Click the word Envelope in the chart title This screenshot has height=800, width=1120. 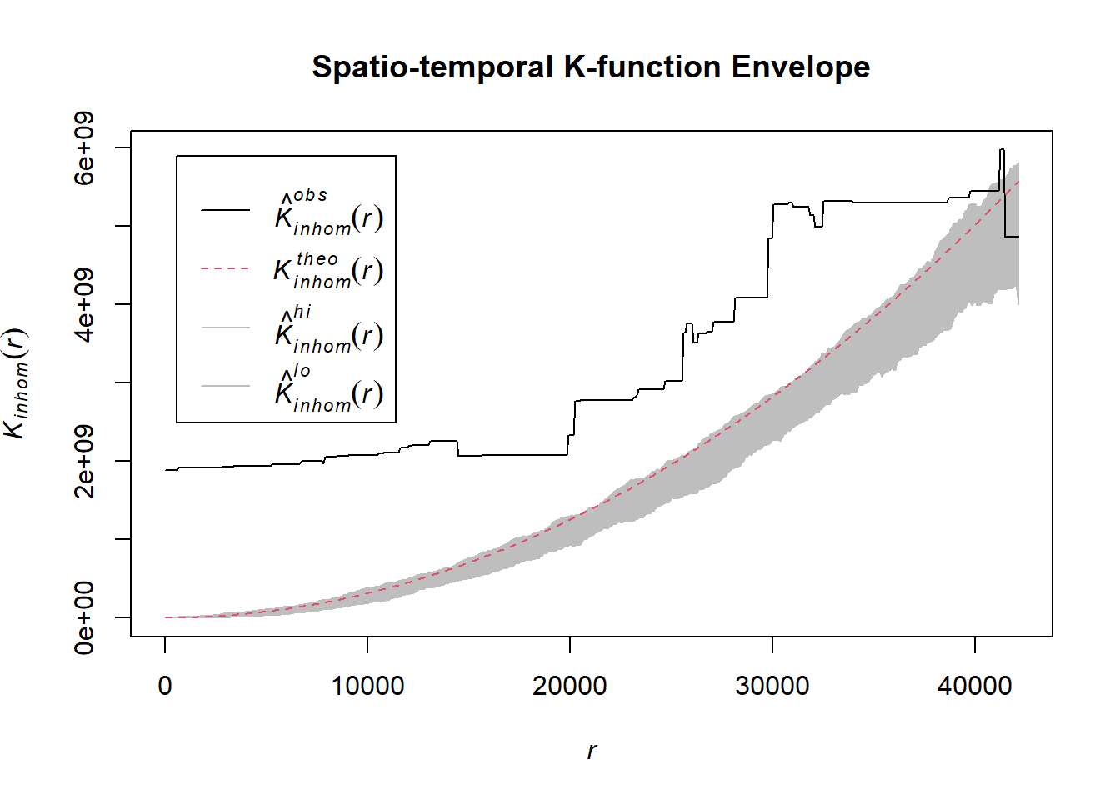click(800, 67)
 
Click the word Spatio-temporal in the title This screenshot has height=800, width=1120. click(432, 67)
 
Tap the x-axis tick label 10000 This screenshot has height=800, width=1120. click(367, 686)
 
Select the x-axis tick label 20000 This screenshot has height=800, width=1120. click(570, 686)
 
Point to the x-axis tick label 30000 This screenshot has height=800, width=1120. click(772, 686)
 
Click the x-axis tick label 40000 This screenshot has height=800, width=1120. click(974, 686)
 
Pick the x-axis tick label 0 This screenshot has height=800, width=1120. click(165, 686)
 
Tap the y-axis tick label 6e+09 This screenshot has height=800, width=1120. click(84, 148)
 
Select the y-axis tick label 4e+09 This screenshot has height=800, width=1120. click(84, 305)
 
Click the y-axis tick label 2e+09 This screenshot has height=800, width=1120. click(84, 461)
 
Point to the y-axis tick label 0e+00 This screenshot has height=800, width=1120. click(84, 617)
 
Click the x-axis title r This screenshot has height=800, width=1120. click(592, 751)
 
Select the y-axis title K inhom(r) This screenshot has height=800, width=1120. click(17, 383)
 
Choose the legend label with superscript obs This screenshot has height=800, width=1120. click(328, 213)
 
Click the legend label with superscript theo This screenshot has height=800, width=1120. click(328, 270)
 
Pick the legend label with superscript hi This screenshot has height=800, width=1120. click(328, 330)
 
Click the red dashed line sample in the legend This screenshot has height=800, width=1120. click(225, 269)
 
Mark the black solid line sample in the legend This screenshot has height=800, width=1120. click(225, 210)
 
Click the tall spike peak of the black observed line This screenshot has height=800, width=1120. click(1002, 150)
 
